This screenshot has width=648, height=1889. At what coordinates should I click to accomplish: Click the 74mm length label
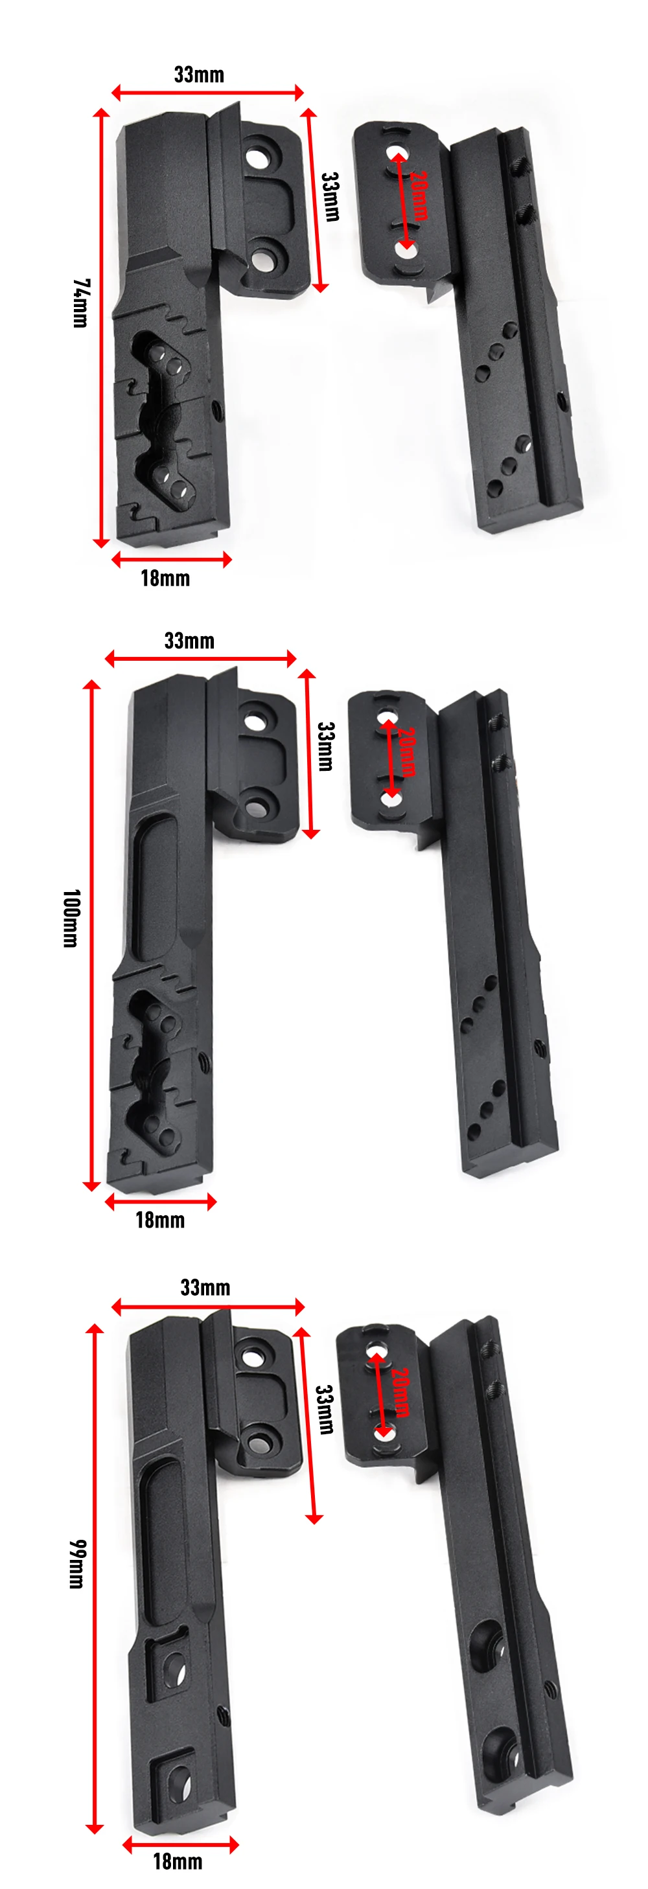coord(81,303)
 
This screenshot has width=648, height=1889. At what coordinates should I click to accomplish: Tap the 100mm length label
coord(71,918)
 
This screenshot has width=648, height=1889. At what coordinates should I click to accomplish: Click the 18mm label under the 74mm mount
coord(165,578)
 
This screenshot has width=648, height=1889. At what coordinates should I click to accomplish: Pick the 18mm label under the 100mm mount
coord(160,1220)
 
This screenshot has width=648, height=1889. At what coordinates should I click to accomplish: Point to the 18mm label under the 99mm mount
coord(178,1861)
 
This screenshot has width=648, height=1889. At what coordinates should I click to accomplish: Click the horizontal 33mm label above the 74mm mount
coord(199,74)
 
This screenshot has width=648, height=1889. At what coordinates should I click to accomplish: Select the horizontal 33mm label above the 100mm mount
coord(189,641)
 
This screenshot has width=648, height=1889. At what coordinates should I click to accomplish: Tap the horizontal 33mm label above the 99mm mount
coord(205,1288)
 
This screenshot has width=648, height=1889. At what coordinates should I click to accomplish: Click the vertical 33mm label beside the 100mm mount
coord(326,746)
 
